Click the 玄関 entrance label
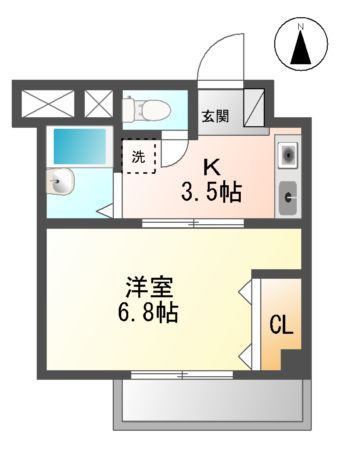[x=214, y=115]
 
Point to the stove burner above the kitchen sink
[x=288, y=156]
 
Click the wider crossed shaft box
[x=48, y=104]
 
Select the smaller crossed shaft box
[x=100, y=104]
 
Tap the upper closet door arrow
[x=243, y=293]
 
